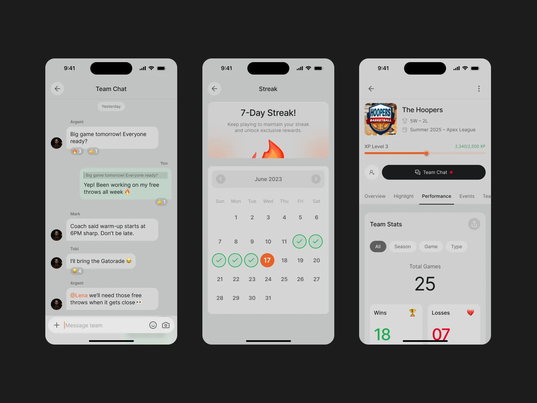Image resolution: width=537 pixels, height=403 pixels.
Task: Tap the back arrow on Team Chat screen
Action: [x=57, y=89]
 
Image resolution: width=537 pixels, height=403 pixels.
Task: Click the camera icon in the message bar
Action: [x=165, y=325]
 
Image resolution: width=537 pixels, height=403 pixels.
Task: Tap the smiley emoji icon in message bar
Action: [x=153, y=325]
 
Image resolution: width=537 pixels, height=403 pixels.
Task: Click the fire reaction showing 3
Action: [x=77, y=151]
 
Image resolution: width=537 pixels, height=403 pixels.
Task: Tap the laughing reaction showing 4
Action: [x=77, y=271]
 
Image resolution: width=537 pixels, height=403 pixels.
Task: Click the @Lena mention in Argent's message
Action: [x=79, y=295]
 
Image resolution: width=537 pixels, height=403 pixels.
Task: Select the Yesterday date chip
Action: [x=111, y=106]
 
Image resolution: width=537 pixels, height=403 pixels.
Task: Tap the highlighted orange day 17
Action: [x=267, y=260]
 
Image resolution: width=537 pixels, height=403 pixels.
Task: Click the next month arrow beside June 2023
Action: [x=316, y=179]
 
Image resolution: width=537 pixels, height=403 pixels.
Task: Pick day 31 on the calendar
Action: [x=268, y=298]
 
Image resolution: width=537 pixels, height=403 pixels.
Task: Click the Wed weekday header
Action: [x=268, y=201]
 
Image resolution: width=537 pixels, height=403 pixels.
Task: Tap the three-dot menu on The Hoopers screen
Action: [x=479, y=89]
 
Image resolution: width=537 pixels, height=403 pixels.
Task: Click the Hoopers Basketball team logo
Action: [x=380, y=119]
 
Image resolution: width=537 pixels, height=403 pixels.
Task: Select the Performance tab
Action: [x=436, y=196]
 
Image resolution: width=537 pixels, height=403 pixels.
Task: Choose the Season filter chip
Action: [x=402, y=247]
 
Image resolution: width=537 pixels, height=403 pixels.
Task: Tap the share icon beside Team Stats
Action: [x=474, y=224]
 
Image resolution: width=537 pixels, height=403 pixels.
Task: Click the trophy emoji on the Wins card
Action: [x=413, y=312]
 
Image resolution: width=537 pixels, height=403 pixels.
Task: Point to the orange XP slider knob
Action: [x=427, y=153]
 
